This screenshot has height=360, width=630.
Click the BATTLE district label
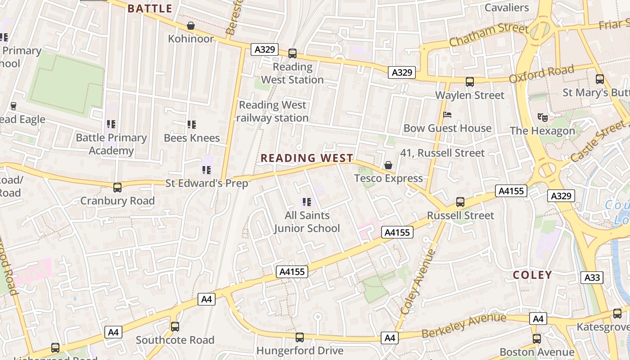(150, 9)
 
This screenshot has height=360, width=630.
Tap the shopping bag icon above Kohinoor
(191, 26)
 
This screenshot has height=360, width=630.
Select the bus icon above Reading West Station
(292, 54)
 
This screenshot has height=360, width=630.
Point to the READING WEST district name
(307, 158)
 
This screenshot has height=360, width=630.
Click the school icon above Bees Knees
(192, 124)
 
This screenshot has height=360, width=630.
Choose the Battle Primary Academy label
(111, 144)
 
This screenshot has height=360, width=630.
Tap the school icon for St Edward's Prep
(207, 170)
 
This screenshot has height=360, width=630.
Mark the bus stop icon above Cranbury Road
(117, 188)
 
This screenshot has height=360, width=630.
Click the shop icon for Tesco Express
(388, 165)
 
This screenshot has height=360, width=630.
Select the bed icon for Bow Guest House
(447, 115)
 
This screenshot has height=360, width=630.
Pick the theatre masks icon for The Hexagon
(542, 117)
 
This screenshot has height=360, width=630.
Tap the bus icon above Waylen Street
(470, 82)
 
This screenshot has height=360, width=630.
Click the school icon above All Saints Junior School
(307, 202)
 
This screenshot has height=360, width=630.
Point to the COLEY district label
(532, 275)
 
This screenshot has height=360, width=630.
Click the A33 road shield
(592, 277)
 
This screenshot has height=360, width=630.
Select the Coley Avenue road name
(418, 281)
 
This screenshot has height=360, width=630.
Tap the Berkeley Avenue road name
(464, 326)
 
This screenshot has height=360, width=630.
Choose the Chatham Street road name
(489, 35)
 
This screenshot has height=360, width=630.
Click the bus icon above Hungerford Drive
(300, 337)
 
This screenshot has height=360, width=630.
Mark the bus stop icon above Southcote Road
(175, 327)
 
